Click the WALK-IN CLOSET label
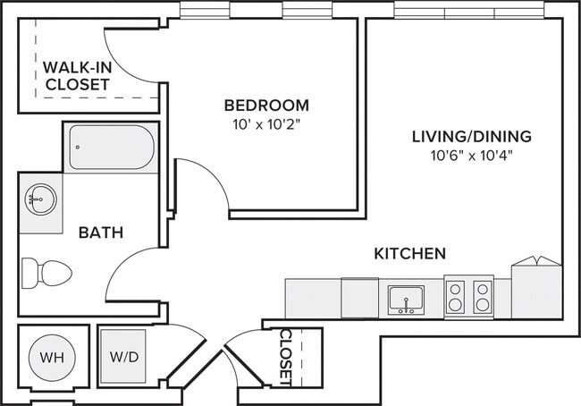(78, 76)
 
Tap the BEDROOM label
(266, 106)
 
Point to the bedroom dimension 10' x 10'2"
(266, 125)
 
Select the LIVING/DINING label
(472, 137)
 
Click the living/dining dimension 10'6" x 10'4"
(471, 156)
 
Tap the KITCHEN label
(409, 254)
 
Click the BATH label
(101, 233)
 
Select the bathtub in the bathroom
(112, 148)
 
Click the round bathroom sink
(41, 199)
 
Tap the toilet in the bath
(46, 274)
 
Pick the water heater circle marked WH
(52, 358)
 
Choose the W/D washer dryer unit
(123, 357)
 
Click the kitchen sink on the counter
(406, 300)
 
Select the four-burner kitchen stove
(469, 296)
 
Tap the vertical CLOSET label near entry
(286, 357)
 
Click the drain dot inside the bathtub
(78, 148)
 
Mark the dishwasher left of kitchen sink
(360, 298)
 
